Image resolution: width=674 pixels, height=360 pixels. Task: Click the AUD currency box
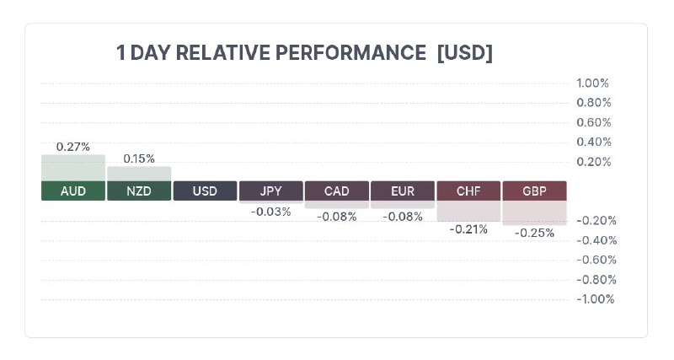click(x=73, y=191)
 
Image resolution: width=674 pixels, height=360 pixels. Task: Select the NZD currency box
click(x=139, y=191)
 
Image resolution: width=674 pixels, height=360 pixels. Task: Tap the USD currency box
click(x=205, y=191)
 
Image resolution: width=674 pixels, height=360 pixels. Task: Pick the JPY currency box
click(x=270, y=191)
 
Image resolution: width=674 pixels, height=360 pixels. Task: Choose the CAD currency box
click(x=336, y=191)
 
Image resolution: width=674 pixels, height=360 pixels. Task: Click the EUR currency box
click(x=403, y=191)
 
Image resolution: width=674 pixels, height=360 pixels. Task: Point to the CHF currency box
click(x=468, y=191)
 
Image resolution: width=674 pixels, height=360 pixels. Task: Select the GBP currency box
click(x=534, y=191)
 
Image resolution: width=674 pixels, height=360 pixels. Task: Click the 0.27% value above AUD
click(x=73, y=147)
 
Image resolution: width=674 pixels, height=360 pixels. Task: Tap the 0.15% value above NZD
click(x=139, y=159)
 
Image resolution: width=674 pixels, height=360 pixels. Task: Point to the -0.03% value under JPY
click(x=270, y=212)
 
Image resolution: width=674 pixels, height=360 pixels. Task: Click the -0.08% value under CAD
click(x=336, y=217)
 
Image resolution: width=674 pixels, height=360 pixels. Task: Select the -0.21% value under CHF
click(x=468, y=229)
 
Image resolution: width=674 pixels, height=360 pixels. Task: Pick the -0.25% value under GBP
click(x=534, y=234)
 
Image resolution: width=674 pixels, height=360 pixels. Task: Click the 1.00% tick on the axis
click(x=593, y=83)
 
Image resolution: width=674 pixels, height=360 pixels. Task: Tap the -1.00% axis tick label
click(x=596, y=299)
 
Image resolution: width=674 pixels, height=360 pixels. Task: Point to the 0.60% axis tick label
click(x=594, y=122)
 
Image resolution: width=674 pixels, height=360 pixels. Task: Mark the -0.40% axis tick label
click(x=596, y=240)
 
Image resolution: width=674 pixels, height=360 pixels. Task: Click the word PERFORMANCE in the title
click(x=350, y=53)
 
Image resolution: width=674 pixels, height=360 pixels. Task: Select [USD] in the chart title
click(x=465, y=53)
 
